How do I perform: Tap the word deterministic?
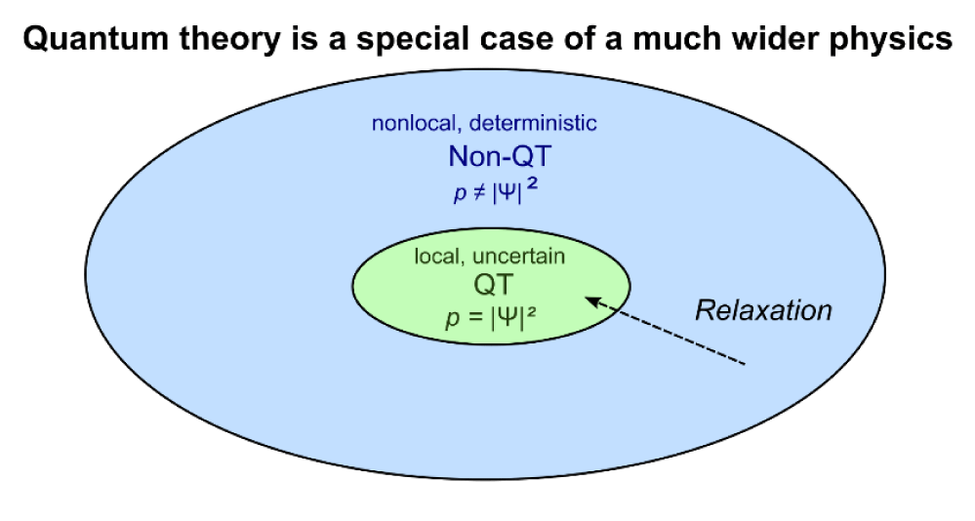533,123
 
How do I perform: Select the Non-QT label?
500,156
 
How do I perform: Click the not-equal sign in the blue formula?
477,193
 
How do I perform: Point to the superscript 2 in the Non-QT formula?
531,185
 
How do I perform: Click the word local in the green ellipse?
435,256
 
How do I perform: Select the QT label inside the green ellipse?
494,285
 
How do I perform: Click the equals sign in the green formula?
475,318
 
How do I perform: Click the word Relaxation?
763,309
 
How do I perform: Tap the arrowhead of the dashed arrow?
589,301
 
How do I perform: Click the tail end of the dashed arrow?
745,364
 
